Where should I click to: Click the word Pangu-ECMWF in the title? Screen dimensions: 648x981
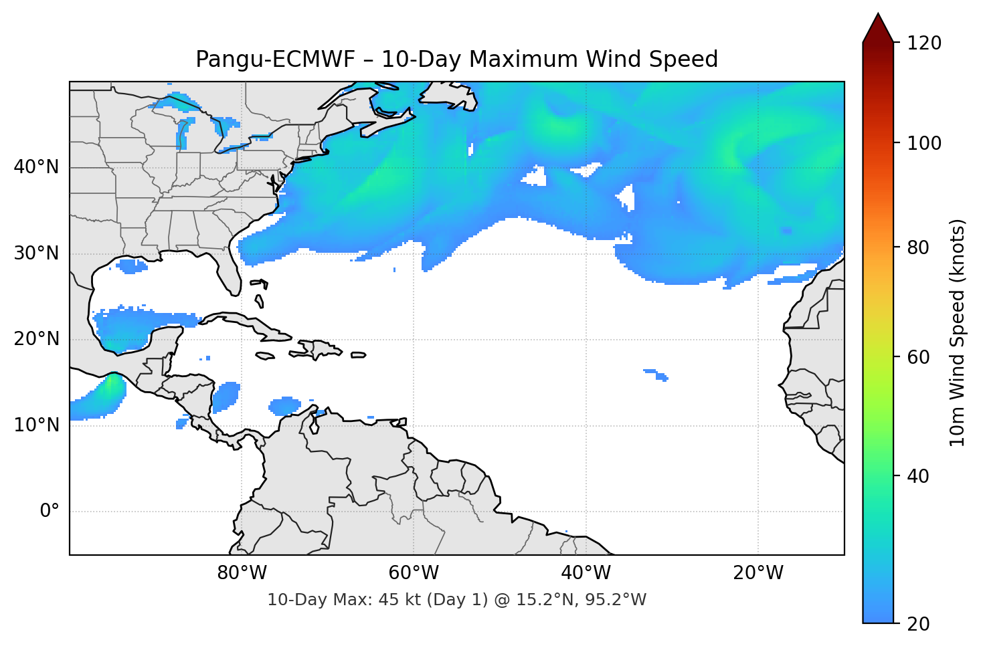[275, 60]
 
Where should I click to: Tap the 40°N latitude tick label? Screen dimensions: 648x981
[36, 167]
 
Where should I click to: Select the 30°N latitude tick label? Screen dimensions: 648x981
[36, 253]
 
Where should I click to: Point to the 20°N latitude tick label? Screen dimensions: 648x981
[36, 339]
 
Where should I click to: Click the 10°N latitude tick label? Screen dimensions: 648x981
[36, 425]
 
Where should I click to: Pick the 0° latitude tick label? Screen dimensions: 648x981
[49, 512]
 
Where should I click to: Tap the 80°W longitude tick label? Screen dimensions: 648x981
[242, 573]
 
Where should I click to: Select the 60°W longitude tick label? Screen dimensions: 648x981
[414, 573]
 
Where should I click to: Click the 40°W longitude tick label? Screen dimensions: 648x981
[586, 573]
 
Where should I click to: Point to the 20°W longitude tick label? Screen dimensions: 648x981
[757, 573]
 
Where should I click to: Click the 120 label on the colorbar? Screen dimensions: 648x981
[924, 43]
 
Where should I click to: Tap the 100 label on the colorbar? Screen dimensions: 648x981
[924, 143]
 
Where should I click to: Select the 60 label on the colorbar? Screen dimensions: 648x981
[919, 357]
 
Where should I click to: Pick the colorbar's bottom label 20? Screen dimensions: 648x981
[919, 624]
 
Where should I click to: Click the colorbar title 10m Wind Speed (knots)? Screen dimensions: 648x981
[958, 332]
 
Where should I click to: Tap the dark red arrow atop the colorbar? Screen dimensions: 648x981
[878, 29]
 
